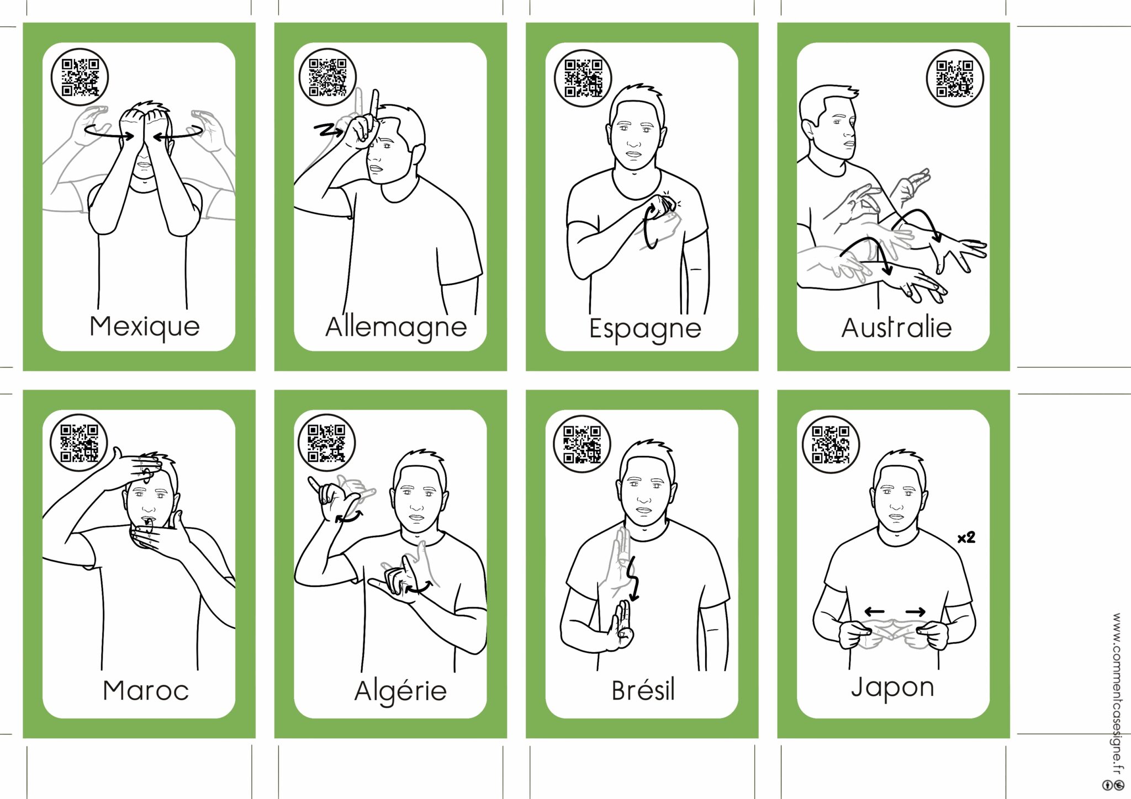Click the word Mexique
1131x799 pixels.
[145, 326]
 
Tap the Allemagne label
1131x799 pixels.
[396, 327]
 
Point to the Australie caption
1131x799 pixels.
[896, 328]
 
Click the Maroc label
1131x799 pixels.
[146, 690]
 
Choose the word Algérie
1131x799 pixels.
[400, 691]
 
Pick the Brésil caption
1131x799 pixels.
[643, 690]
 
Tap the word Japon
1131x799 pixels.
[892, 688]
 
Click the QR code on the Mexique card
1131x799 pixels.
[80, 77]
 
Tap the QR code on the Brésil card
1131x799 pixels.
[582, 444]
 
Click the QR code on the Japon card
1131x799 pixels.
[831, 445]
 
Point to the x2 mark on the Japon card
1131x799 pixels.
[966, 537]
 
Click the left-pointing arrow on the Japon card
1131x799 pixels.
[874, 611]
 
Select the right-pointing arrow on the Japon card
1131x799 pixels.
[916, 611]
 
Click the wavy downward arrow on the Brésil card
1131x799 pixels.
[633, 579]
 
